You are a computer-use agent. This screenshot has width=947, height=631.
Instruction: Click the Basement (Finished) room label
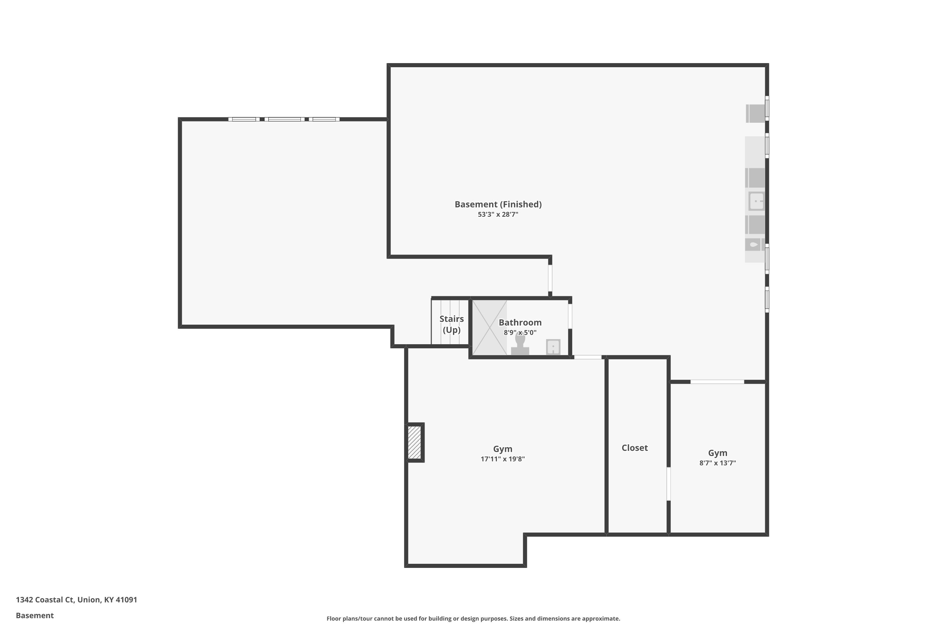498,204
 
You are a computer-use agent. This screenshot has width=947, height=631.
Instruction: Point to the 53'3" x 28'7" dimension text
498,215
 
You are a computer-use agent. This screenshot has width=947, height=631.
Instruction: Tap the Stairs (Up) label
451,324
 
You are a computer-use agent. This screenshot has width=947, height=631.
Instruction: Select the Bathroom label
520,322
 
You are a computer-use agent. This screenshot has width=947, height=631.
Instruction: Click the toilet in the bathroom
520,345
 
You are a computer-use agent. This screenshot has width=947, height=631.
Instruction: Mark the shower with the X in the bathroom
490,327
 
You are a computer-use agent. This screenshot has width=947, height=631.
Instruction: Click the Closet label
634,448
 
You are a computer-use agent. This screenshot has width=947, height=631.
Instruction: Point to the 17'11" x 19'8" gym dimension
503,459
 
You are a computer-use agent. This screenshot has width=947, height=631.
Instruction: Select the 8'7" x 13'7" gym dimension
718,463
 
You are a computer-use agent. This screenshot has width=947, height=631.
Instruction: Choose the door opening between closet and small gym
668,484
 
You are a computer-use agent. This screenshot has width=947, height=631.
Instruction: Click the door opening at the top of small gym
717,381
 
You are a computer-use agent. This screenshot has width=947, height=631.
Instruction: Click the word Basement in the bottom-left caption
35,615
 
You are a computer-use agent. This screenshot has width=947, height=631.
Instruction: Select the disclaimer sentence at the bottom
473,618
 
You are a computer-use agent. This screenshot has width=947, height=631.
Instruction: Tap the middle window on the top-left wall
285,119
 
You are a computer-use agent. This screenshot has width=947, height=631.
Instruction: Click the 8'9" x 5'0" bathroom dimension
520,333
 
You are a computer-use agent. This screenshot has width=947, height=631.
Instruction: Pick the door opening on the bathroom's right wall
570,316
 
